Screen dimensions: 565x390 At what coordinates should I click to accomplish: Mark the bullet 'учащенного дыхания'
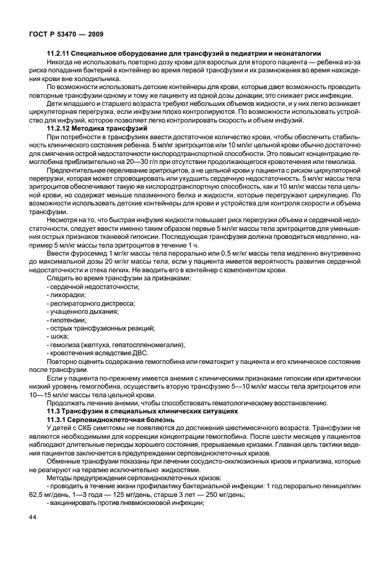[79, 312]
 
